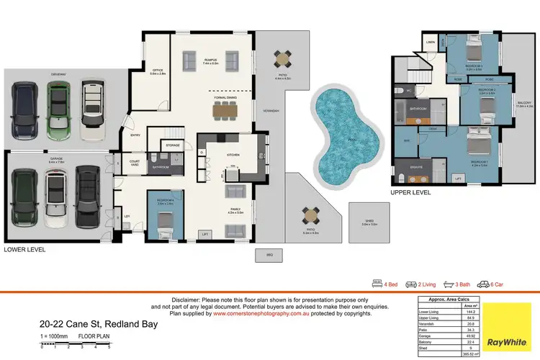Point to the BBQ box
[x=269, y=254]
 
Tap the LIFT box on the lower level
[x=206, y=234]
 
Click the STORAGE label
[x=173, y=145]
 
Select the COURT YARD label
[x=134, y=163]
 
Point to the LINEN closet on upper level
[x=431, y=42]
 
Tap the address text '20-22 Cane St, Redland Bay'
[x=99, y=325]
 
